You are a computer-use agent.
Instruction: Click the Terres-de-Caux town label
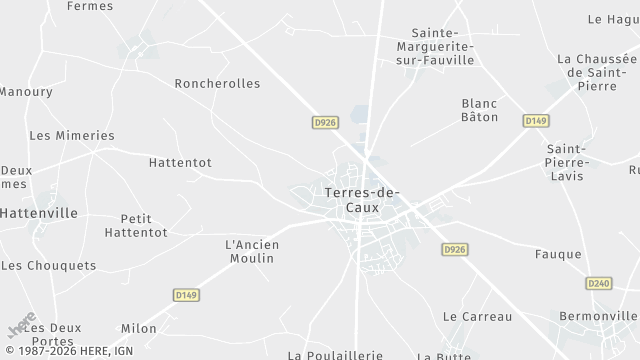(361, 200)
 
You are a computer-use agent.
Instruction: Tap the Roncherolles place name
(217, 84)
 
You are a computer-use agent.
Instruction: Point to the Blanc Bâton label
(479, 111)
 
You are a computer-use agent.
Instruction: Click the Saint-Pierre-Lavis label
(566, 162)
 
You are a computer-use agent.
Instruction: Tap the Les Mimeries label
(72, 135)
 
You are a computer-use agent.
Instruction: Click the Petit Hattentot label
(143, 225)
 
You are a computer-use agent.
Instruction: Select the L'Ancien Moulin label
(252, 251)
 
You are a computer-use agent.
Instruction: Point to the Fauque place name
(558, 254)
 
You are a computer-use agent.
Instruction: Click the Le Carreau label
(477, 317)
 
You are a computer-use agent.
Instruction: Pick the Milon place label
(139, 328)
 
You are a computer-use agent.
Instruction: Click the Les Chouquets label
(49, 266)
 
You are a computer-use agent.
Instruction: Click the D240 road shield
(599, 284)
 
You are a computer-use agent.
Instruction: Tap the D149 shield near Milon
(185, 296)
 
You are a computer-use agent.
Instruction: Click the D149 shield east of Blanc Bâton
(536, 120)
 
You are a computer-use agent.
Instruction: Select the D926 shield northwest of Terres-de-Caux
(324, 122)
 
